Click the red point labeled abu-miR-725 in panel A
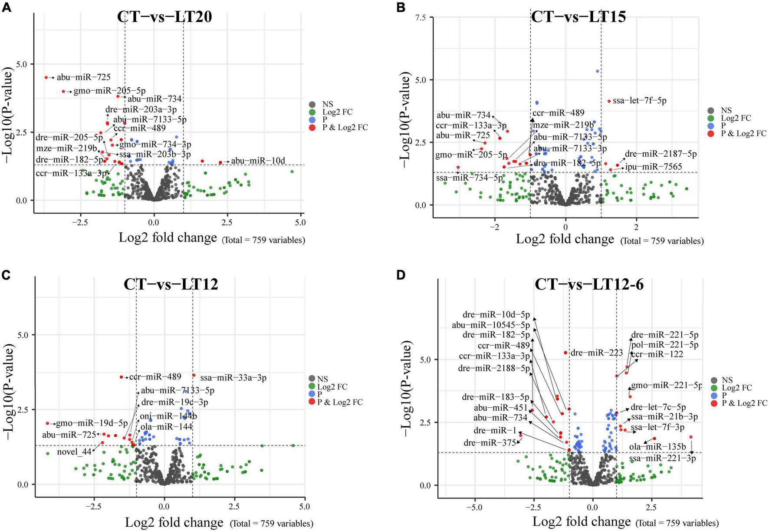46,77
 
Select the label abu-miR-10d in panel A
258,161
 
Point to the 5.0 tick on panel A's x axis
300,222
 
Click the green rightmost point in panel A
292,172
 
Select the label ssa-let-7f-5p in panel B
640,101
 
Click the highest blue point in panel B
597,71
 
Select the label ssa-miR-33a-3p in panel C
233,378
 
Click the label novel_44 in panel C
74,452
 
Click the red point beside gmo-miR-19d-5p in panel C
47,423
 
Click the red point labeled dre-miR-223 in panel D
565,353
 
